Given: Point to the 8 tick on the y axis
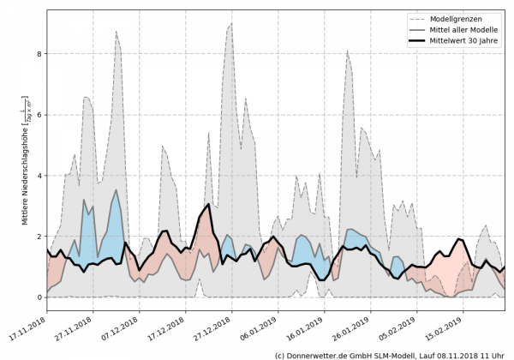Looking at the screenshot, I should click(x=38, y=53).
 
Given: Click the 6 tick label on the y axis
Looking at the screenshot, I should click(x=38, y=114).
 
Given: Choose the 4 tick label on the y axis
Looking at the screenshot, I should click(x=38, y=176).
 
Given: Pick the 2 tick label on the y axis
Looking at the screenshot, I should click(x=38, y=237).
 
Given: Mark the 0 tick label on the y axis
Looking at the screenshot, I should click(x=38, y=297).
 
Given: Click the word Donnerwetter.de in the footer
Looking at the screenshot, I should click(x=317, y=354).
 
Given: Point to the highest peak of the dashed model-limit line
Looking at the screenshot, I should click(x=230, y=24).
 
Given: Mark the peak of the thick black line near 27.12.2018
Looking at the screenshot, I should click(x=208, y=204).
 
